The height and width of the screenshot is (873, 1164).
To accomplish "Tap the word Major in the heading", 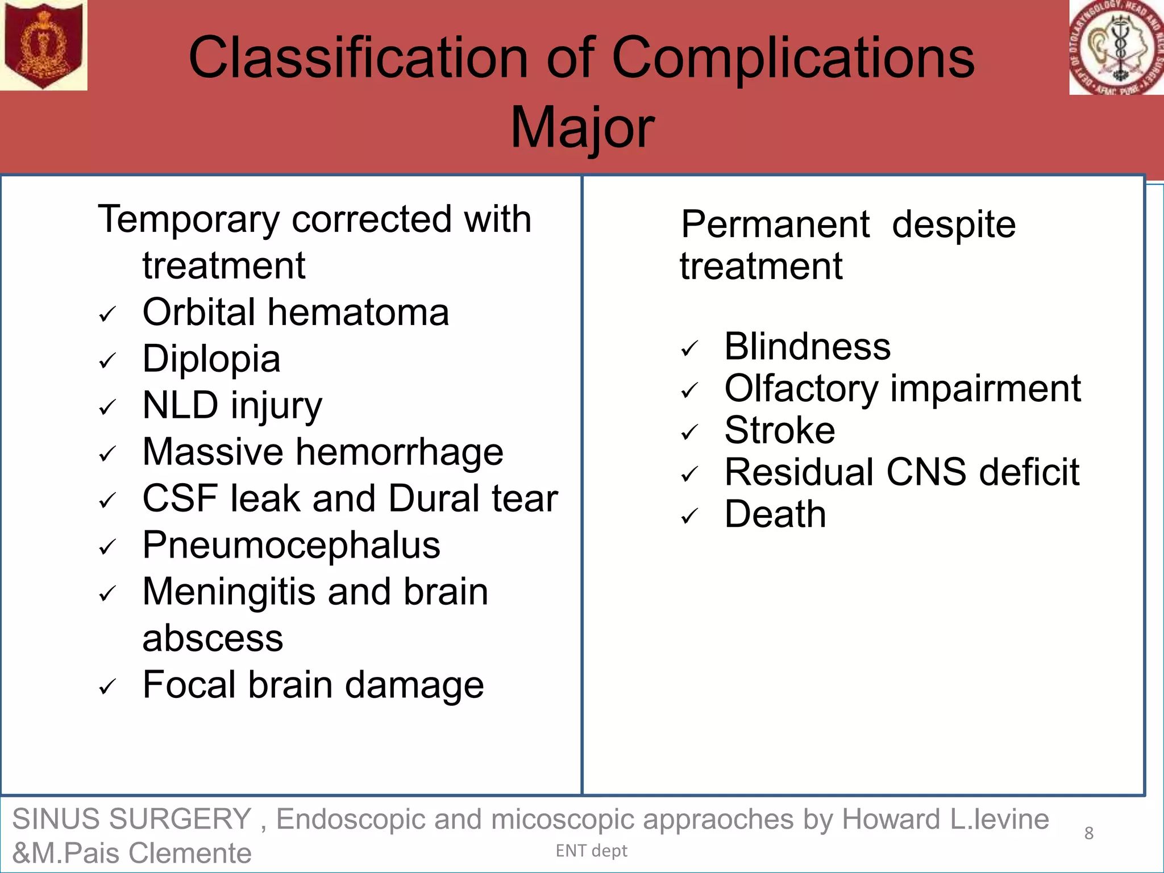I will tap(582, 128).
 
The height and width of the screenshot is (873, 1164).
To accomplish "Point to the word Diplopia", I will tap(211, 359).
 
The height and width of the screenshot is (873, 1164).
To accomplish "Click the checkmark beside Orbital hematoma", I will tap(107, 314).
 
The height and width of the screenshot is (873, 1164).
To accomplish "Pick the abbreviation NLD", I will tap(180, 405).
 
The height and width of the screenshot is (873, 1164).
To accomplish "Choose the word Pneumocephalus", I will tap(291, 545).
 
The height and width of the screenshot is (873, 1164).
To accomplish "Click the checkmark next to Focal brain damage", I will tap(107, 687).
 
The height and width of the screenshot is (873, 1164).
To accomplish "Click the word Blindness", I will tap(807, 347).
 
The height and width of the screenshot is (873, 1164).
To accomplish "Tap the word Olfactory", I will tap(801, 389).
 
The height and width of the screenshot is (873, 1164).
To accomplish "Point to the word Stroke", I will tap(780, 430).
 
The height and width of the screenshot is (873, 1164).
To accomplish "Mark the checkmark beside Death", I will tap(689, 517).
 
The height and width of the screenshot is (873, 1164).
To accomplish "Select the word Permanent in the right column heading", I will tap(775, 225).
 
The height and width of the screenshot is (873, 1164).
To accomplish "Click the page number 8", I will tap(1088, 833).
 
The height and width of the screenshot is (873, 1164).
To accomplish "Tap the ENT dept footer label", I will tap(591, 851).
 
